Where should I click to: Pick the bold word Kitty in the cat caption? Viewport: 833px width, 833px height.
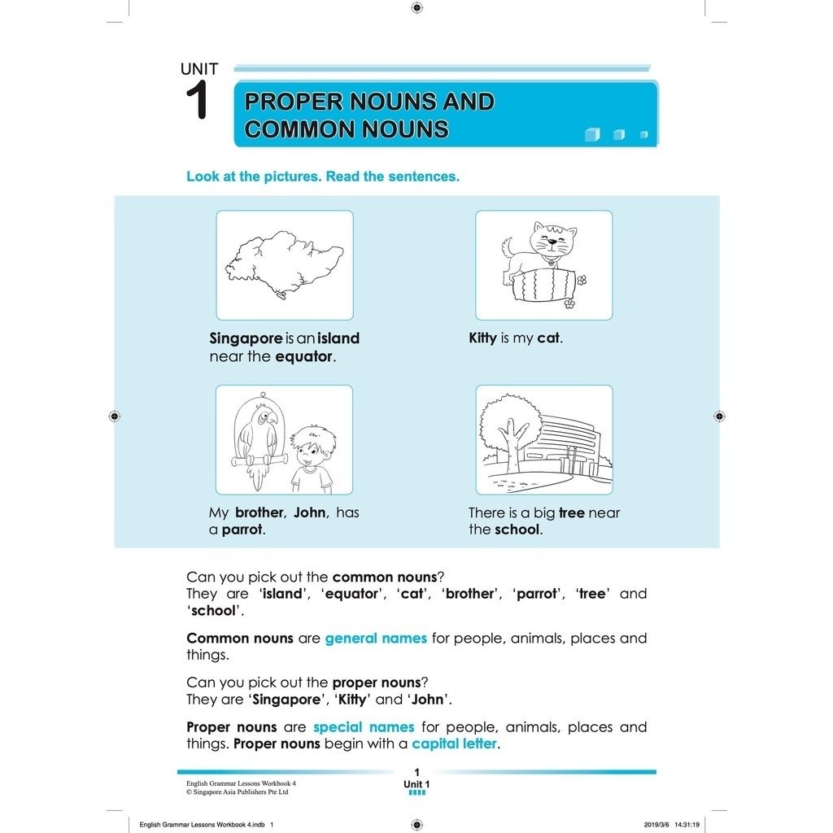482,338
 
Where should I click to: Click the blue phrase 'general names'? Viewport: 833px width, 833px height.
376,639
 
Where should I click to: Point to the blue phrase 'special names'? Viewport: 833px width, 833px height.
364,727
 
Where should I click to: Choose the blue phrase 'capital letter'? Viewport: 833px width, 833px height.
454,744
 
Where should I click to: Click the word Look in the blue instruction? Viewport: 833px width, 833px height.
202,177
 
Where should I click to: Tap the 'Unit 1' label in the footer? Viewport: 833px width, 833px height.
416,785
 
